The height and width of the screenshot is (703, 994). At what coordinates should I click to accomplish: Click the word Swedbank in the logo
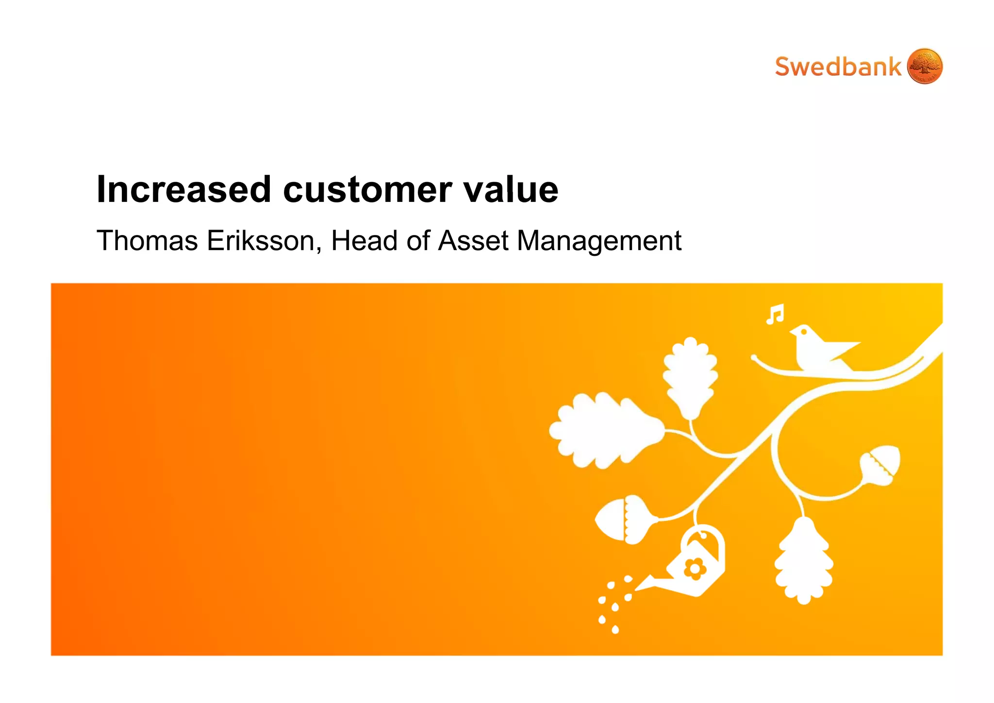pos(838,67)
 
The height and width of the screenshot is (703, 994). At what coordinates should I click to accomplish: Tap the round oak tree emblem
pos(924,66)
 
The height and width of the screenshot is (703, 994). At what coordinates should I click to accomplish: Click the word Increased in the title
pos(184,189)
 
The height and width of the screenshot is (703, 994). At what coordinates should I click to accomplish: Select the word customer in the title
pos(367,190)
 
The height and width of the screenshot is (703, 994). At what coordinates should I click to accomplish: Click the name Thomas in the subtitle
pos(148,241)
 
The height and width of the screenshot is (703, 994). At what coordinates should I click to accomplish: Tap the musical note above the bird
pos(775,314)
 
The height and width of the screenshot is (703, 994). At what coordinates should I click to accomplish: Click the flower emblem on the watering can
pos(695,569)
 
